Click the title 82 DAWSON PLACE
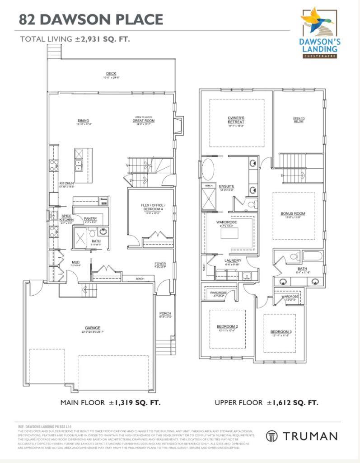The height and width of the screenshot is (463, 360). pyautogui.click(x=91, y=19)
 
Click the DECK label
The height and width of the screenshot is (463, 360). pyautogui.click(x=111, y=74)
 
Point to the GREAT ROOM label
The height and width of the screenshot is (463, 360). pyautogui.click(x=144, y=121)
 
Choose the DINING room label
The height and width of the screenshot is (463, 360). pyautogui.click(x=83, y=121)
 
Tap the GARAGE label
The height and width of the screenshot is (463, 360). pyautogui.click(x=92, y=328)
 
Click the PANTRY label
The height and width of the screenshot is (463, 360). pyautogui.click(x=90, y=219)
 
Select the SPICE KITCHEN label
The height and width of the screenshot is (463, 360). pyautogui.click(x=67, y=218)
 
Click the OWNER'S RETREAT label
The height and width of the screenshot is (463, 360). pyautogui.click(x=236, y=120)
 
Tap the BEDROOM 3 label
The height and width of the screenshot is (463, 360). pyautogui.click(x=281, y=332)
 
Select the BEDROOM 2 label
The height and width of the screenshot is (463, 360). pyautogui.click(x=227, y=326)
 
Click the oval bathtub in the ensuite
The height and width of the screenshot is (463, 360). pyautogui.click(x=208, y=170)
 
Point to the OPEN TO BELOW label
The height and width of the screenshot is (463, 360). pyautogui.click(x=299, y=120)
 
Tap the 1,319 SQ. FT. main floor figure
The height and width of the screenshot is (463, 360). pyautogui.click(x=135, y=402)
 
